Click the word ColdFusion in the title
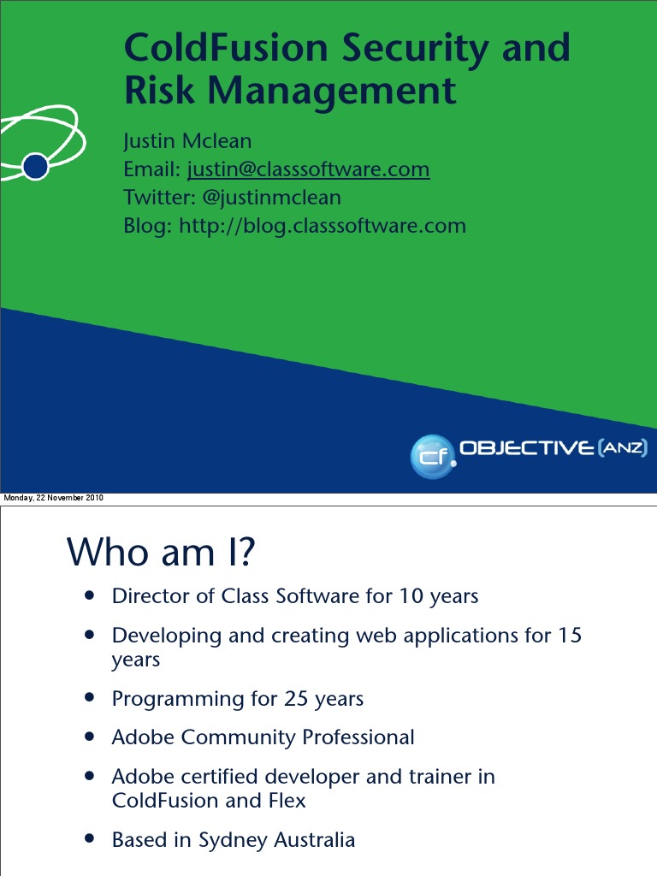pos(226,48)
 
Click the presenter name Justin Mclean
pos(187,140)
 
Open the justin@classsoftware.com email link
pos(308,169)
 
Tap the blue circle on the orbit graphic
pos(35,166)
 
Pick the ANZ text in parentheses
pos(622,447)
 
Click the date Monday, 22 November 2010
pos(54,499)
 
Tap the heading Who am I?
pos(161,552)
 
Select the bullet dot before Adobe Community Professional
pos(90,736)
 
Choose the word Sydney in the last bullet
pos(232,840)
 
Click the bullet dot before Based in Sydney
pos(90,838)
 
